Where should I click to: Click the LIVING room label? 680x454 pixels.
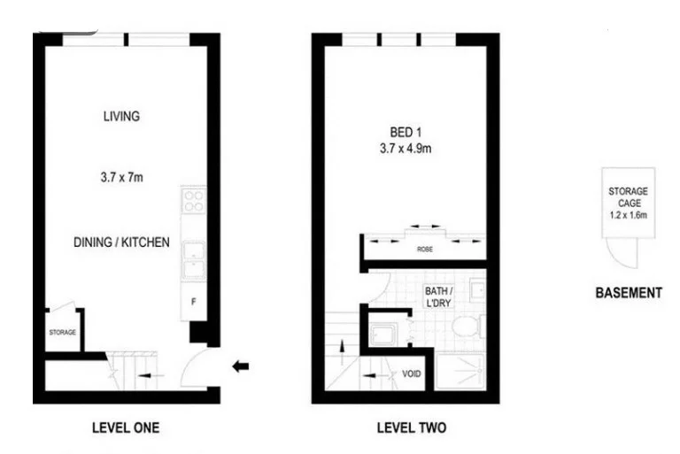(121, 116)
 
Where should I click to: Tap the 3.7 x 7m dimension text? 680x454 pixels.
(121, 178)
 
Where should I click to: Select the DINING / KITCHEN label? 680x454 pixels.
(121, 242)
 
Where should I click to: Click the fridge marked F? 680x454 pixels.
(193, 301)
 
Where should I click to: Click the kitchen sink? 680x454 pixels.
(193, 258)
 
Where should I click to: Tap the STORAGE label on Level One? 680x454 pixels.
(62, 333)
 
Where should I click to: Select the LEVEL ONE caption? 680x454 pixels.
(126, 428)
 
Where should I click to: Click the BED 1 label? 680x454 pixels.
(406, 133)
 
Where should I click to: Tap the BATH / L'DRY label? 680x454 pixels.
(438, 296)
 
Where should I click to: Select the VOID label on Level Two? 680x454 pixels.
(411, 373)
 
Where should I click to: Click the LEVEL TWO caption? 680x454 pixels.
(411, 428)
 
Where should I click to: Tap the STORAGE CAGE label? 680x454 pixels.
(627, 196)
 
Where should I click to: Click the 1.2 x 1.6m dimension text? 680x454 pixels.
(627, 214)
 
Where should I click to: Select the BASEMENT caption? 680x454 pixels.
(627, 293)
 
